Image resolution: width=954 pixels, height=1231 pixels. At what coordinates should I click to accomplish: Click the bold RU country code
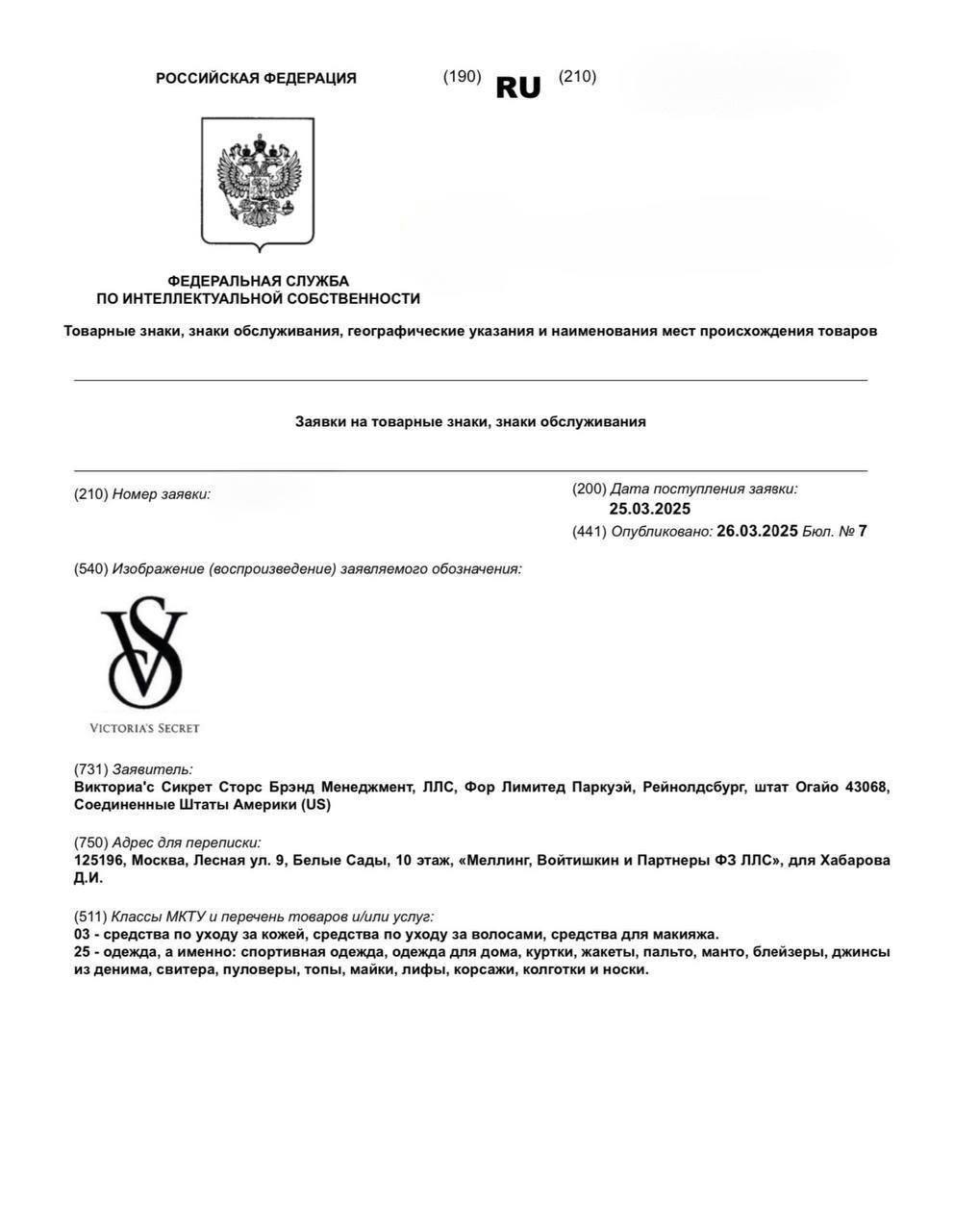(x=518, y=88)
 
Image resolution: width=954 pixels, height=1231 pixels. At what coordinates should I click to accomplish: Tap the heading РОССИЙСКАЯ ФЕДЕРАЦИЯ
(x=256, y=79)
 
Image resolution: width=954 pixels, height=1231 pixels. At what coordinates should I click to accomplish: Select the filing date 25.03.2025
(x=649, y=510)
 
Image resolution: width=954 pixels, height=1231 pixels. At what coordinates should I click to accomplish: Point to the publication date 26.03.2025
(x=757, y=531)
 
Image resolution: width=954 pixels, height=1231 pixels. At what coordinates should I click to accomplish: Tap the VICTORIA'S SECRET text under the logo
(x=144, y=728)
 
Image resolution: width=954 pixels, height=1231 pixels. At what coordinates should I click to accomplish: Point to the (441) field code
(x=589, y=531)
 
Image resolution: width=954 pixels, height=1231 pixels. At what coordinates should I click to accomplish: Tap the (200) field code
(x=589, y=489)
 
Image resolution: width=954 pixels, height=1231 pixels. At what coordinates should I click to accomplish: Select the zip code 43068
(x=866, y=788)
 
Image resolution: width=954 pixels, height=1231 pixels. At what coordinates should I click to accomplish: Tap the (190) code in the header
(x=462, y=77)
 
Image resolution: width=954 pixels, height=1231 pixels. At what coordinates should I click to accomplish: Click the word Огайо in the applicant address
(x=815, y=788)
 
